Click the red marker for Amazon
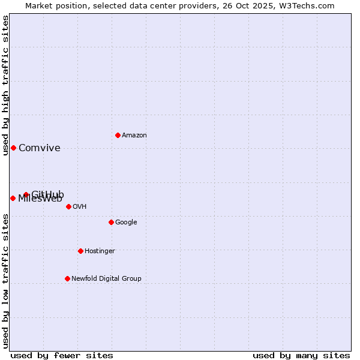click(x=118, y=135)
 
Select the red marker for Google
click(x=111, y=222)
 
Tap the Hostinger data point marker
click(x=80, y=251)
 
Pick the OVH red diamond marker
click(x=68, y=206)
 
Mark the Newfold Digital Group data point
click(x=67, y=278)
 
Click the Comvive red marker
click(x=13, y=148)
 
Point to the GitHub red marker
click(x=26, y=194)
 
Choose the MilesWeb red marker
click(x=13, y=198)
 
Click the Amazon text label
click(x=134, y=136)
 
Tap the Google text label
click(x=126, y=223)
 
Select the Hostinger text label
click(x=100, y=251)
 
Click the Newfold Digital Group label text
click(x=106, y=279)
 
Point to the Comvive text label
click(x=40, y=148)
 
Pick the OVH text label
click(x=80, y=207)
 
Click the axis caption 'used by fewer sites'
click(x=62, y=355)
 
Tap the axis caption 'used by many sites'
click(x=301, y=355)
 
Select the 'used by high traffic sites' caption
click(x=6, y=85)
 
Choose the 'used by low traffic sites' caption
click(x=6, y=281)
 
